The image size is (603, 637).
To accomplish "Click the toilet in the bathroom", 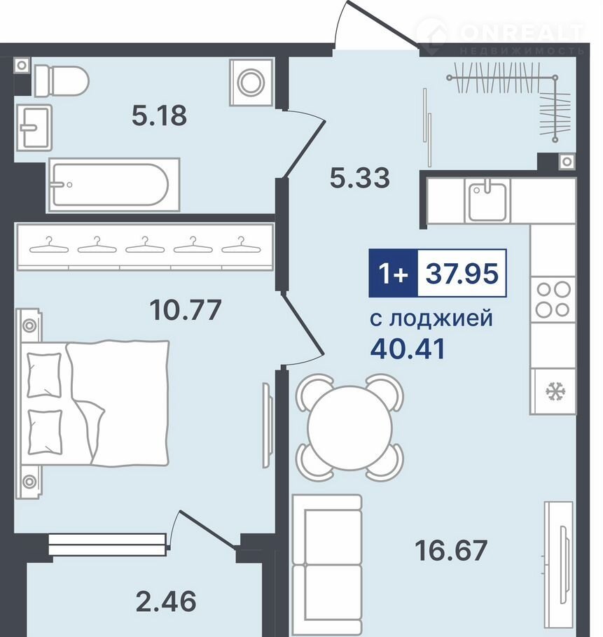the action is [61, 80].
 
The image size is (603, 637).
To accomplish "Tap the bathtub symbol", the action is [114, 185].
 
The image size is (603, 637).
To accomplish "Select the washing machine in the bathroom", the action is [251, 83].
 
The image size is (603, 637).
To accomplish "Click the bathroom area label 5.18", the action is [159, 115].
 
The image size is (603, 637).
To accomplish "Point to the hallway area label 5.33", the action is [359, 178].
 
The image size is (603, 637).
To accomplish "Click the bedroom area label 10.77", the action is [186, 309].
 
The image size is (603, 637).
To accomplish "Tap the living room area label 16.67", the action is [451, 550].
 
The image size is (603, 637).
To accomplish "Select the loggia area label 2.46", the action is [166, 601].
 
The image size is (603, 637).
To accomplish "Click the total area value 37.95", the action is [462, 273].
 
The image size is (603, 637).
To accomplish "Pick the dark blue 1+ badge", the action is [394, 273].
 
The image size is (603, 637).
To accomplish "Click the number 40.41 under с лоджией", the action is [408, 349].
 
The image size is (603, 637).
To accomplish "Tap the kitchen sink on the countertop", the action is [487, 201].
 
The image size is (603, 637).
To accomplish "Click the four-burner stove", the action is [553, 300].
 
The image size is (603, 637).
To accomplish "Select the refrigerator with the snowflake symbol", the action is [553, 391].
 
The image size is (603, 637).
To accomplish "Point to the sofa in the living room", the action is [327, 566].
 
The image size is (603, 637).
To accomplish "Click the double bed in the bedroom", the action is [92, 403].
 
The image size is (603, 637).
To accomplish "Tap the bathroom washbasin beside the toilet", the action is [34, 127].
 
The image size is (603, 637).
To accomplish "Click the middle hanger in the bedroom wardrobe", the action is [145, 245].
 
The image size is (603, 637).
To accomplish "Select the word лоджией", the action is [441, 319].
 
